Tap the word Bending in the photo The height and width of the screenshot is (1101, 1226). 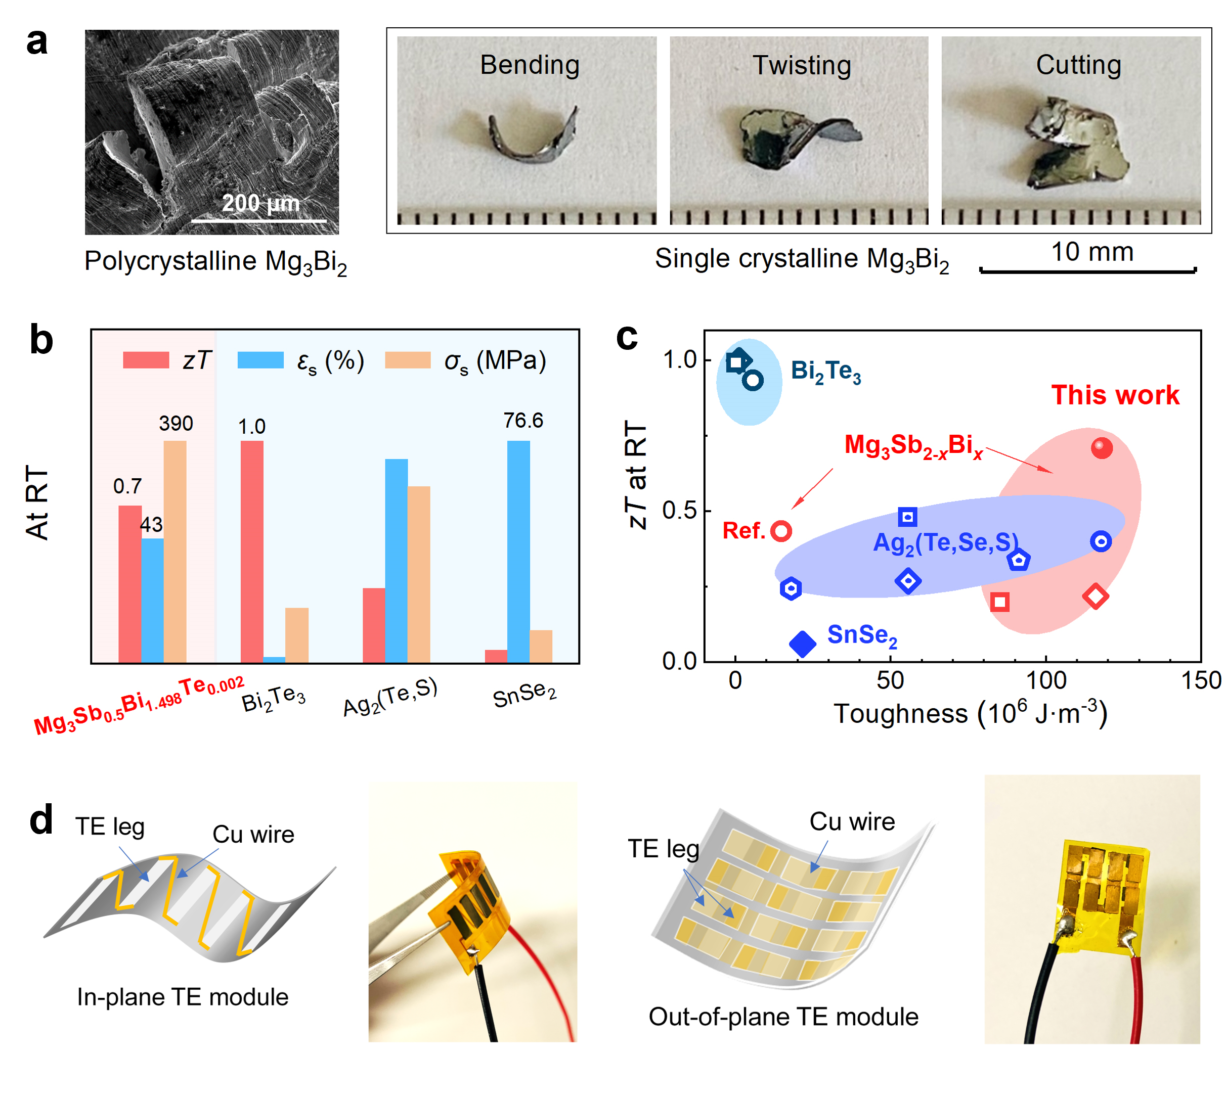(530, 65)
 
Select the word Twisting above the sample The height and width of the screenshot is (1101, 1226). (801, 65)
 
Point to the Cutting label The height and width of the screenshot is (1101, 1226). (1078, 65)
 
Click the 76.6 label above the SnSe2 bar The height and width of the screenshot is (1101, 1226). (523, 421)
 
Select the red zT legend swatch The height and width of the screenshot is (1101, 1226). (146, 360)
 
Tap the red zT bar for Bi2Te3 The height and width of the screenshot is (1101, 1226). (252, 550)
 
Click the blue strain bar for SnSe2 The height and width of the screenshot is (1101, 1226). (518, 550)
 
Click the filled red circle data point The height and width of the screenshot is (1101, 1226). (1102, 448)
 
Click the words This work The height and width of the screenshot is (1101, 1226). (1115, 395)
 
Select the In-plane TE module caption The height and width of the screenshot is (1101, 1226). (183, 997)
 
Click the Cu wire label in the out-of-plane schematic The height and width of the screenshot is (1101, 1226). (852, 821)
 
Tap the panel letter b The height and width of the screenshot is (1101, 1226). (41, 340)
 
